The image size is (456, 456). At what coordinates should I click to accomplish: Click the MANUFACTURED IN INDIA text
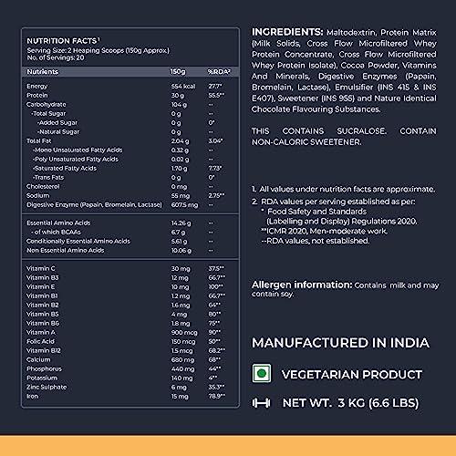point(339,342)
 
